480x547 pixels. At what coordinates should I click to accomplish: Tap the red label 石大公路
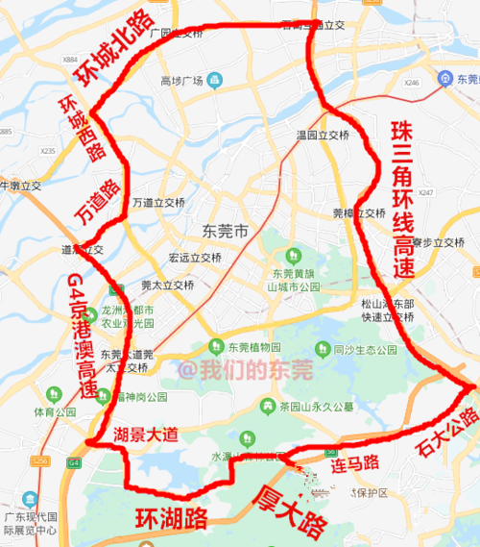pyautogui.click(x=446, y=432)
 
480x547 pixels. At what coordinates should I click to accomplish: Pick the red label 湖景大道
pyautogui.click(x=146, y=435)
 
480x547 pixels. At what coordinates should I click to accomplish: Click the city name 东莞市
pyautogui.click(x=227, y=232)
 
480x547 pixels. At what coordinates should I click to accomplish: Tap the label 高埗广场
pyautogui.click(x=184, y=79)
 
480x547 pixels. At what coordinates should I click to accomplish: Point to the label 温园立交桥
pyautogui.click(x=323, y=136)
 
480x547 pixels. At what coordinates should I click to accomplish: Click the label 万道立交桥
pyautogui.click(x=158, y=203)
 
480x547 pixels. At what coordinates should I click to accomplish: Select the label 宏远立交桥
pyautogui.click(x=195, y=258)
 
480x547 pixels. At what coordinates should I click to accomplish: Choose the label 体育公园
pyautogui.click(x=54, y=412)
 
